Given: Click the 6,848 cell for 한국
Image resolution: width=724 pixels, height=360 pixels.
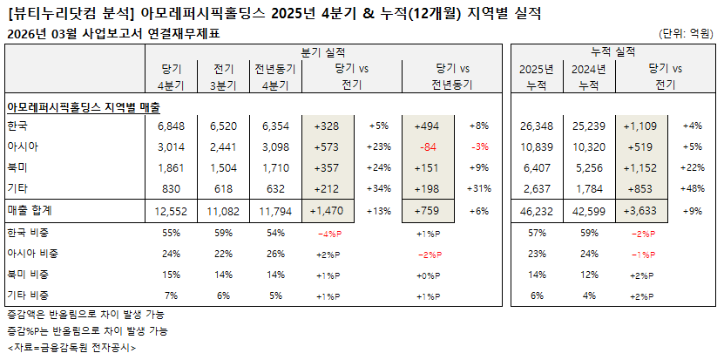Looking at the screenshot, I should click(171, 126).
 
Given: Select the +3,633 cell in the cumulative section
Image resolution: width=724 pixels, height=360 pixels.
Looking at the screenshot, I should click(645, 212).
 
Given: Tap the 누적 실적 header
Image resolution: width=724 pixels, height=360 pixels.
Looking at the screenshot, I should click(612, 52).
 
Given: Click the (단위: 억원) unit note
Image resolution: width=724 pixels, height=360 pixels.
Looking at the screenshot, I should click(688, 34).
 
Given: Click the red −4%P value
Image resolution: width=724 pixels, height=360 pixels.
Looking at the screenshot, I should click(329, 234).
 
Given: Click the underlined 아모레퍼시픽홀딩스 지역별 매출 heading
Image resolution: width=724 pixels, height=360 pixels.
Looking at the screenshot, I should click(83, 105).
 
